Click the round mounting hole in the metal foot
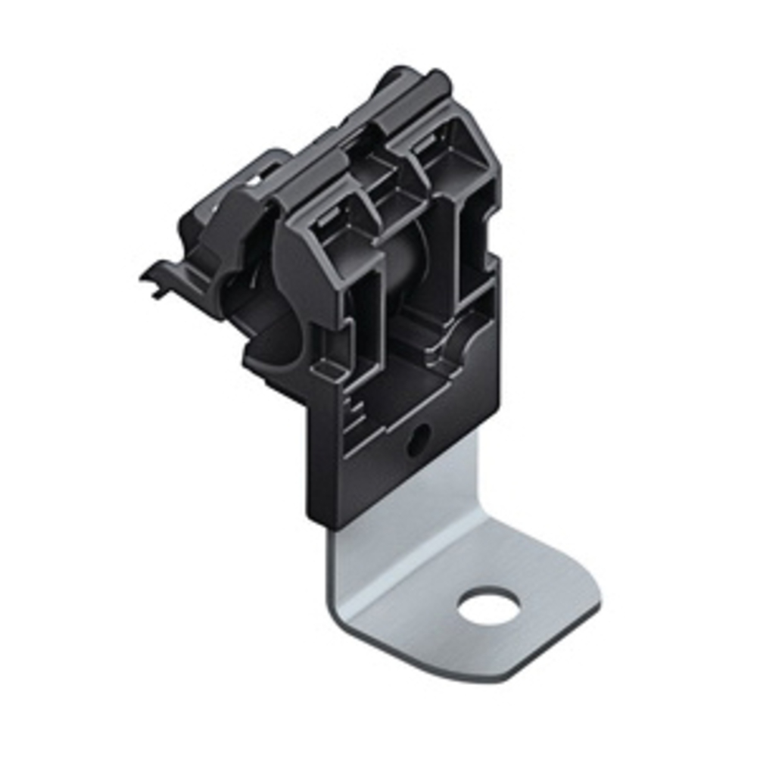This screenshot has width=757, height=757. pos(489,606)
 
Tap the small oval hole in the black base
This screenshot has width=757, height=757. pos(418,439)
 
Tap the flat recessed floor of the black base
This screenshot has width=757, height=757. pos(401,378)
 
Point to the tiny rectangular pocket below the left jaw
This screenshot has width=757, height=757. pos(327,369)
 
